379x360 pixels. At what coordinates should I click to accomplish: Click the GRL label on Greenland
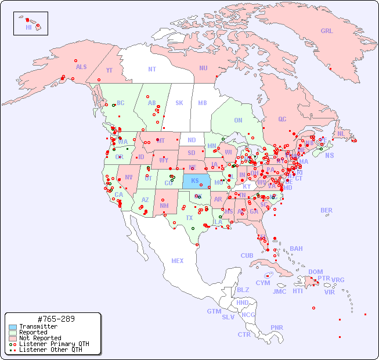coord(327,31)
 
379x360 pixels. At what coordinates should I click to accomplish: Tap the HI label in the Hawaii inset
coord(28,27)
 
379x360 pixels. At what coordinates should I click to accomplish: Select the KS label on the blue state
coord(195,181)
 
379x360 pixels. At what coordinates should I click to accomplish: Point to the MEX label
coord(178,261)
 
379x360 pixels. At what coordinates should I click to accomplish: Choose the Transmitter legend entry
coord(38,327)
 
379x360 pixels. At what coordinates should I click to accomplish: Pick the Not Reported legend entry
coord(40,338)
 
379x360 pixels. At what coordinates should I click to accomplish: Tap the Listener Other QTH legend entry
coord(50,350)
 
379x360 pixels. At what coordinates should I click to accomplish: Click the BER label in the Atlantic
coord(327,210)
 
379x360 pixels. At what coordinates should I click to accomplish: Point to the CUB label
coord(247,255)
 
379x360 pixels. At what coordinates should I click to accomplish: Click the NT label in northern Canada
coord(152,69)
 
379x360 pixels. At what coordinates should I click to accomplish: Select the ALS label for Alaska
coord(81,67)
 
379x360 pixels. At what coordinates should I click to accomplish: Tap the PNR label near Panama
coord(277,327)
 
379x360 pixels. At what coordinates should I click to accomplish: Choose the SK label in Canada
coord(179,103)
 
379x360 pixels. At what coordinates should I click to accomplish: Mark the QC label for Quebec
coord(282,119)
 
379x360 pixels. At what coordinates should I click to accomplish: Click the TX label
coord(189,218)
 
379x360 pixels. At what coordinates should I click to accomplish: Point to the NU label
coord(203,68)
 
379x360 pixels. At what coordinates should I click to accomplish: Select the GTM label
coord(214,311)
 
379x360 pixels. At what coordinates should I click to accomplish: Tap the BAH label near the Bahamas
coord(296,249)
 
